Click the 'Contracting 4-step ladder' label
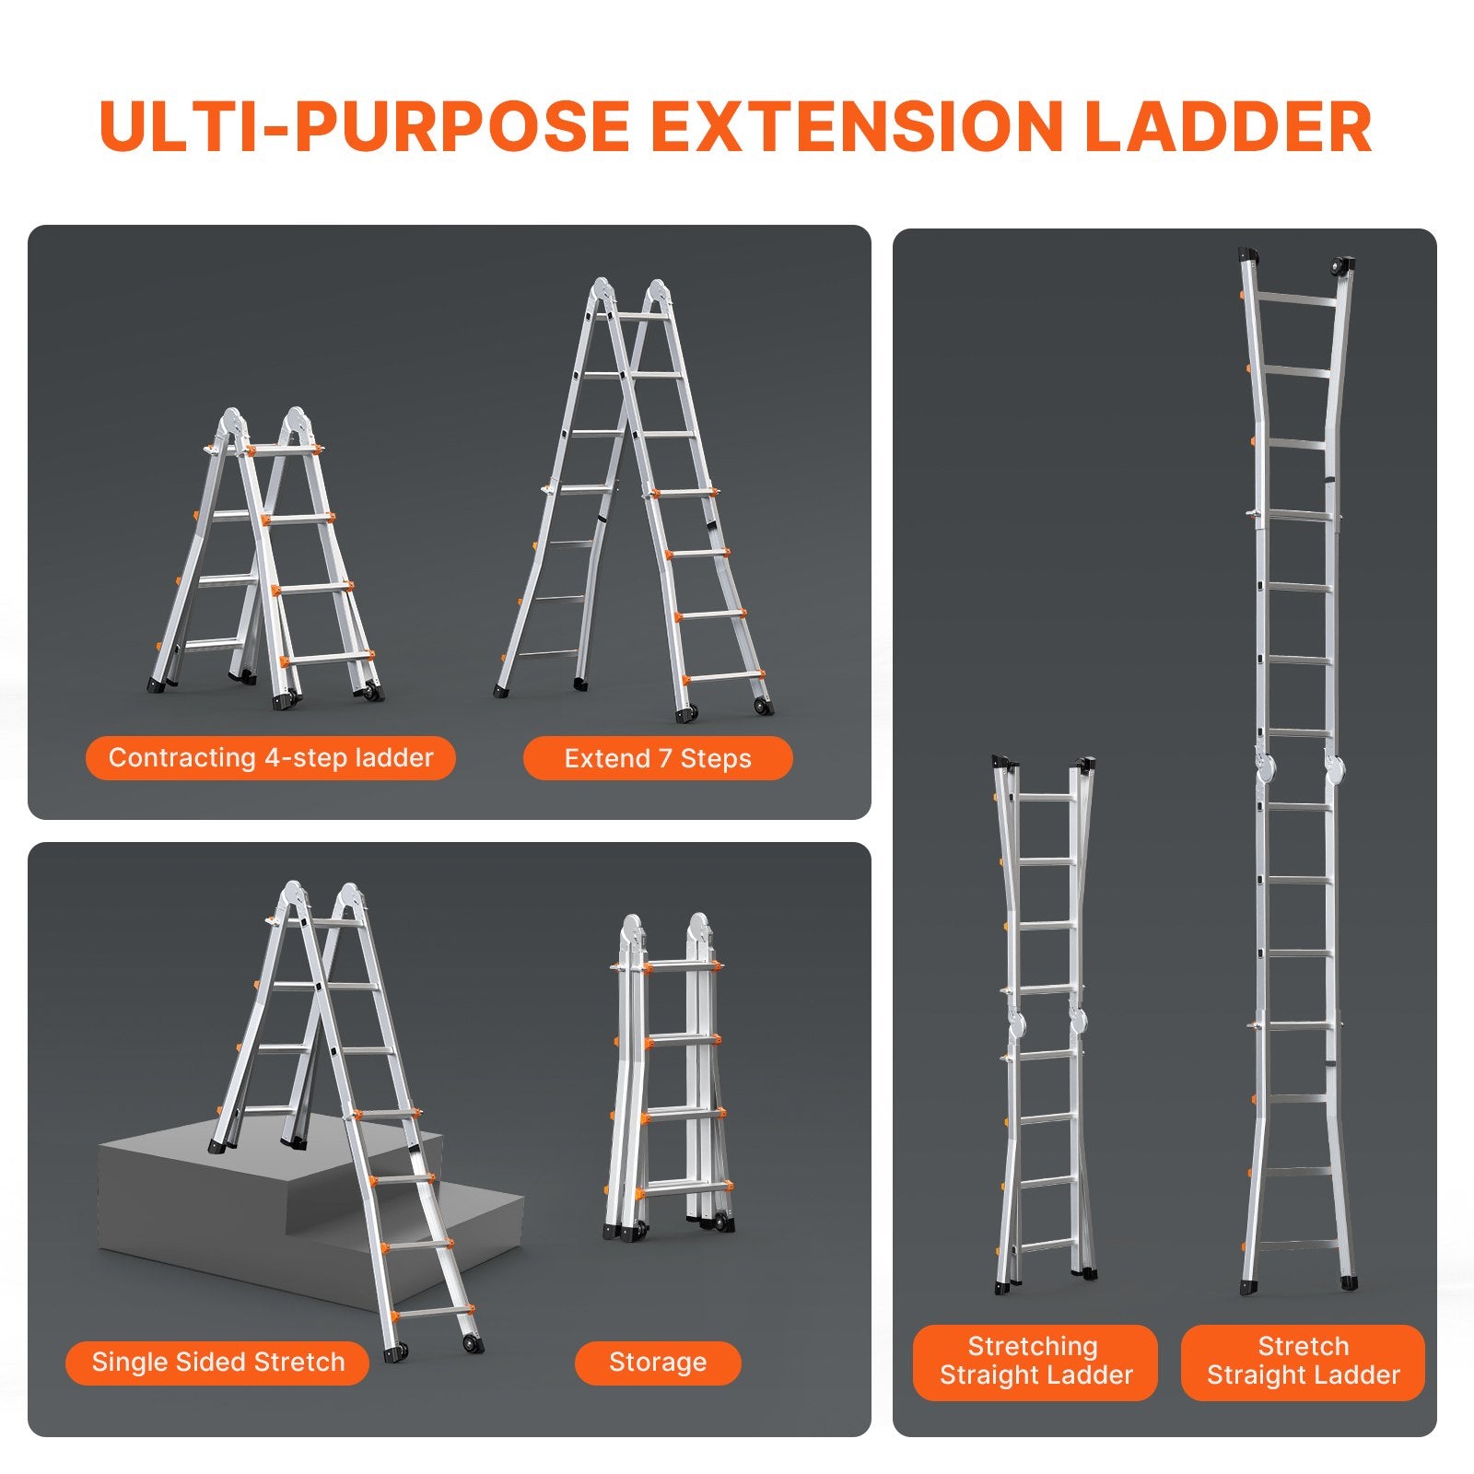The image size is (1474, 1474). tap(271, 758)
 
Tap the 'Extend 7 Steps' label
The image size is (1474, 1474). tap(658, 759)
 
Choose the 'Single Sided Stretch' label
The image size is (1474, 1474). tap(218, 1363)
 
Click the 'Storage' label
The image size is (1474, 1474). tap(658, 1363)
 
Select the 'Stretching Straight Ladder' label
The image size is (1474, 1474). tap(1035, 1361)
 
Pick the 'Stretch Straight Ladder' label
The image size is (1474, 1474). tap(1303, 1361)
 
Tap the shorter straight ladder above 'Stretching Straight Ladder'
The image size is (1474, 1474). tap(1045, 1023)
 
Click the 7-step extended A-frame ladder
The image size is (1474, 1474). tap(636, 497)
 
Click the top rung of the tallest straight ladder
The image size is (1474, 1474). tap(1298, 300)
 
